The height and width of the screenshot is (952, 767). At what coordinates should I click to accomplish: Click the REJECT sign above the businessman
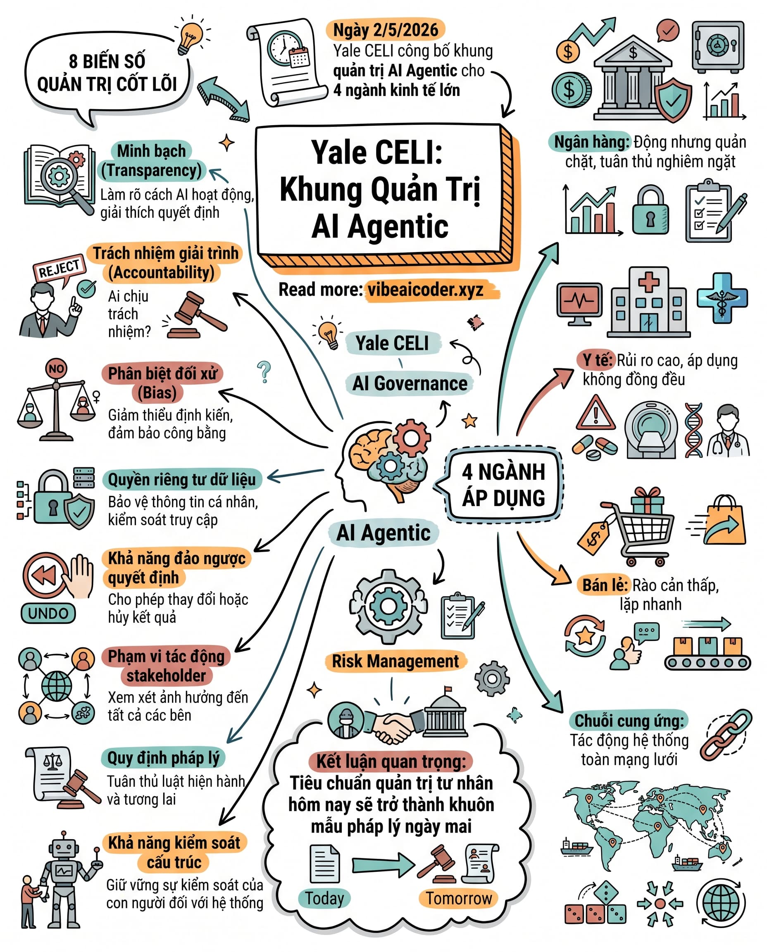tap(59, 268)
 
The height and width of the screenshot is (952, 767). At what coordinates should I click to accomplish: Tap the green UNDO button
tap(48, 613)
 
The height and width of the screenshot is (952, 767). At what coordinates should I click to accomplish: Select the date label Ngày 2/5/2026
tap(385, 30)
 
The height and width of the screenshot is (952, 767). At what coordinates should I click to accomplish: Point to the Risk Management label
tap(395, 662)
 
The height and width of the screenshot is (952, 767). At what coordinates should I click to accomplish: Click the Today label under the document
tap(324, 898)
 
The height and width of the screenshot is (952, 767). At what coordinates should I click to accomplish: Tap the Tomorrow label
tap(459, 898)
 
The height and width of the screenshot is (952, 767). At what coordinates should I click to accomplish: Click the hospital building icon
tap(648, 302)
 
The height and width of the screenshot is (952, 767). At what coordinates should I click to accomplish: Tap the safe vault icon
tap(718, 46)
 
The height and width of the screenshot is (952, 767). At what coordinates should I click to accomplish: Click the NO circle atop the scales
tap(56, 369)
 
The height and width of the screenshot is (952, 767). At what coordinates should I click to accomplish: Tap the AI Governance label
tap(410, 383)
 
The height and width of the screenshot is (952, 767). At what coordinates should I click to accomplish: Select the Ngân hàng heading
tap(591, 142)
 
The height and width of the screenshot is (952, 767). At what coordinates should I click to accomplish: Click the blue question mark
tap(264, 371)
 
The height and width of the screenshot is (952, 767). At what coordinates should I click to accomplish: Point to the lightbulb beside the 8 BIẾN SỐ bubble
tap(191, 36)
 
